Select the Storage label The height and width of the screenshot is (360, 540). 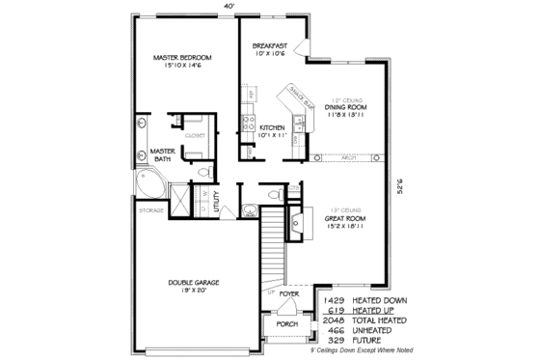(151, 209)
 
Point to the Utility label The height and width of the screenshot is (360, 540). (218, 198)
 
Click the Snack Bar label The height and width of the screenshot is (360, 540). (294, 92)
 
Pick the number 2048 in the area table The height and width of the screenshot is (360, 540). (336, 319)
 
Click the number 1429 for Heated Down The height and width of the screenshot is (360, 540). (336, 300)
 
